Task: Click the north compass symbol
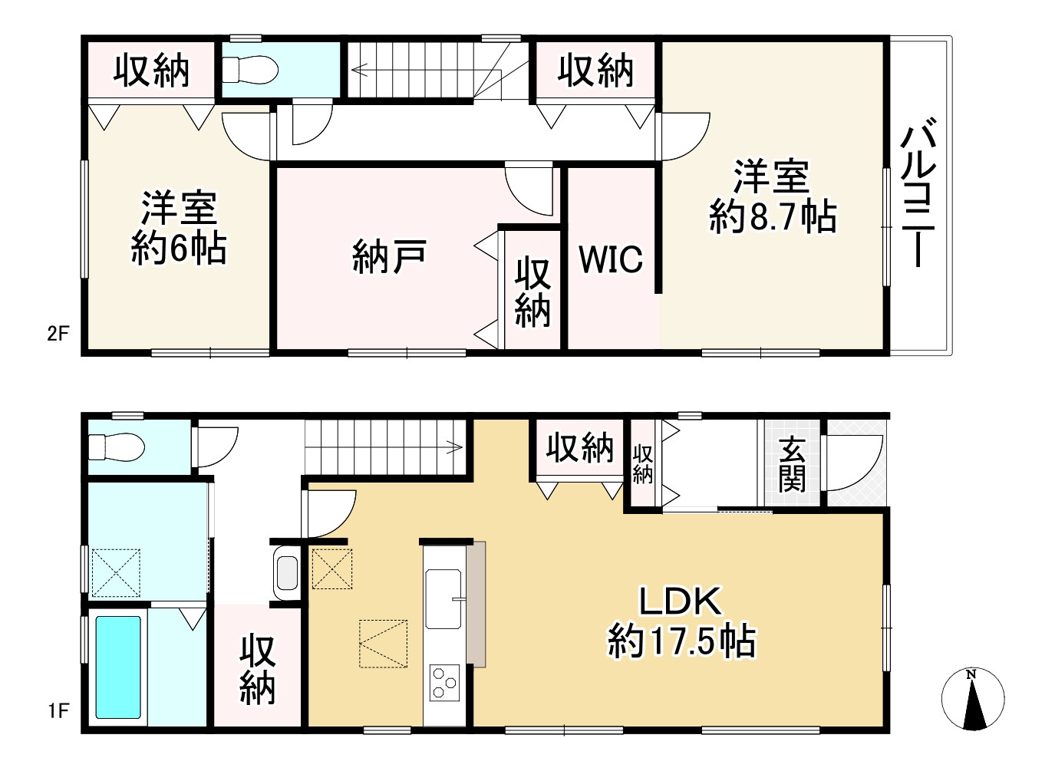(973, 699)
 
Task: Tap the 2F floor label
(58, 334)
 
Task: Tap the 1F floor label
(58, 711)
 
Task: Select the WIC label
(611, 259)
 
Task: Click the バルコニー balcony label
(918, 192)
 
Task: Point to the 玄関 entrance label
(792, 463)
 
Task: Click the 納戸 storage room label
(389, 256)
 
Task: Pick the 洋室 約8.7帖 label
(772, 196)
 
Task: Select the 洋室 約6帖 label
(179, 228)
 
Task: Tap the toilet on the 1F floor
(116, 446)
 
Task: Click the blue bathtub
(118, 667)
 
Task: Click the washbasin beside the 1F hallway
(287, 572)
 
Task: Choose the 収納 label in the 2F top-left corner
(151, 71)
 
